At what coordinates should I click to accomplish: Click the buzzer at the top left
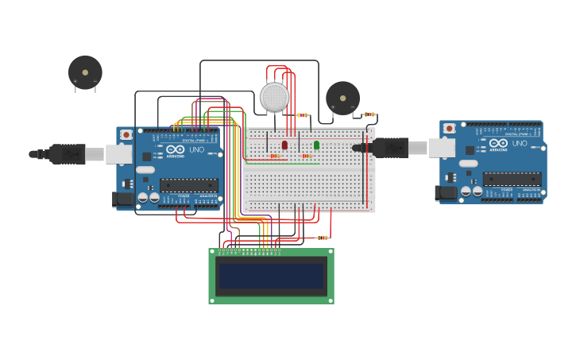(85, 72)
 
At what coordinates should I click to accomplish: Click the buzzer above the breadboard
(342, 98)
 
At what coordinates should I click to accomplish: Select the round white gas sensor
(274, 97)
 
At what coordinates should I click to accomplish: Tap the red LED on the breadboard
(284, 145)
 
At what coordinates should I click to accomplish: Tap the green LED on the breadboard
(316, 145)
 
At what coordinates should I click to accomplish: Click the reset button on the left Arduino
(126, 134)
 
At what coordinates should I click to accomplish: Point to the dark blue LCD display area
(271, 276)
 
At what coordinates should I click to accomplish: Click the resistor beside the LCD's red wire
(322, 238)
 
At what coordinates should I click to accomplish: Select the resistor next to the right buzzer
(369, 114)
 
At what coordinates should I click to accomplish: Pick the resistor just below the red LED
(275, 156)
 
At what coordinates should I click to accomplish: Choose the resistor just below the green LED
(307, 156)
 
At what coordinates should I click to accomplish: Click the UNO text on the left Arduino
(196, 149)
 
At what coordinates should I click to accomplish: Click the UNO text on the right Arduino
(520, 144)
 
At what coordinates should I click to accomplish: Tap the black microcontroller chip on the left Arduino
(188, 185)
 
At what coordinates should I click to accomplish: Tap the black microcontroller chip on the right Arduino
(512, 179)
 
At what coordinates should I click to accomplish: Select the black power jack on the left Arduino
(122, 199)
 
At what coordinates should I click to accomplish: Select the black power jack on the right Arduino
(445, 192)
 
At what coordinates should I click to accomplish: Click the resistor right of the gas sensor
(303, 115)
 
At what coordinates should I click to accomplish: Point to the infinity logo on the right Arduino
(498, 143)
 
